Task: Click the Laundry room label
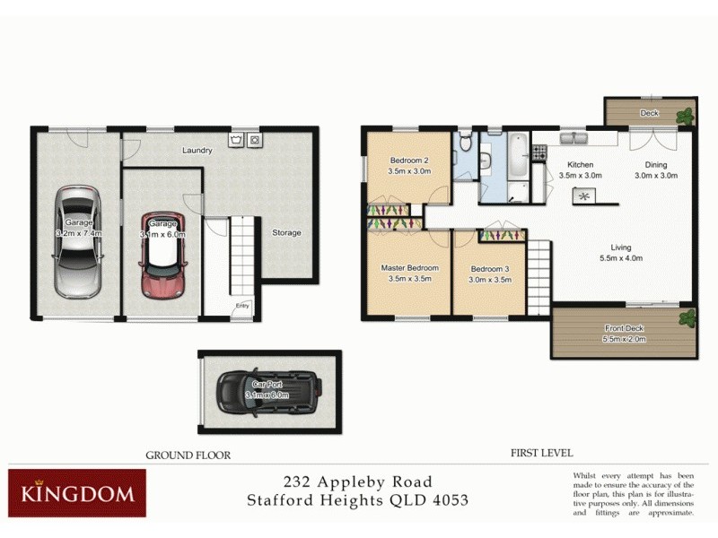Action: coord(197,151)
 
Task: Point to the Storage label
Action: coord(287,233)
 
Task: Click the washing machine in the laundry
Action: coord(255,141)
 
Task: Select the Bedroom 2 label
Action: coord(407,161)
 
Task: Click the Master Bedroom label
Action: coord(409,268)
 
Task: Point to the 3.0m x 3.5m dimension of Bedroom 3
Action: coord(490,279)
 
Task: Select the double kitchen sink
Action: coord(574,138)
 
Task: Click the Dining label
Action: coord(655,165)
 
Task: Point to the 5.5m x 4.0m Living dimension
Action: coord(621,258)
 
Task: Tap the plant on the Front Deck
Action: coord(687,317)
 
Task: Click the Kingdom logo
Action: coord(77,492)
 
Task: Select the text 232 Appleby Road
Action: coord(357,482)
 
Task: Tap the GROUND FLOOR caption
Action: coord(188,456)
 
